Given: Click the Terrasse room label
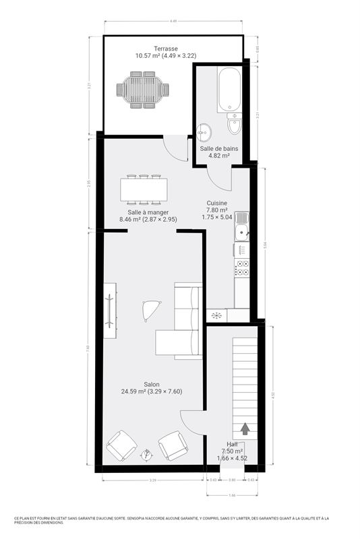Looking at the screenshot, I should click(165, 49).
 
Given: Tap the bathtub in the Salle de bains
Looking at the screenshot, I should click(228, 89).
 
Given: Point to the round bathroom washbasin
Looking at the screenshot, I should click(204, 131).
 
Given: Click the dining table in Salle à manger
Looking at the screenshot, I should click(144, 189).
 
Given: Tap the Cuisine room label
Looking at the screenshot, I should click(216, 203).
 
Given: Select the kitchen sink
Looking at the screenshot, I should click(241, 229).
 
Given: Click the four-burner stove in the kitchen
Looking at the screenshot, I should click(241, 267).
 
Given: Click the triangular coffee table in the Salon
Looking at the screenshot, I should click(151, 309).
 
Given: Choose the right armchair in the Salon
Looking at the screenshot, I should click(173, 445).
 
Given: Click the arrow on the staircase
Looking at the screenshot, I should click(244, 427).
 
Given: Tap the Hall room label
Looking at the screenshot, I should click(231, 445).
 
